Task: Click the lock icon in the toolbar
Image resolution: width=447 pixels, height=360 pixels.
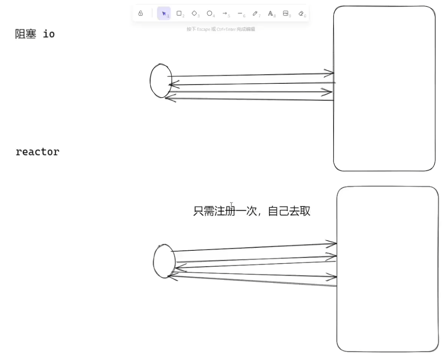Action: (141, 13)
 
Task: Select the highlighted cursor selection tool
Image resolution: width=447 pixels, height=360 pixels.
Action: (164, 13)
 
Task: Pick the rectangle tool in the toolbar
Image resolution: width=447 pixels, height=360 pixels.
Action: (179, 13)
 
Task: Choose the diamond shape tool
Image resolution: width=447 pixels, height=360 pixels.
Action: (195, 13)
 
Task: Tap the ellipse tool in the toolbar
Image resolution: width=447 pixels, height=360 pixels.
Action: (210, 13)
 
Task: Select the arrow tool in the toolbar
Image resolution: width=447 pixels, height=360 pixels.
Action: (225, 13)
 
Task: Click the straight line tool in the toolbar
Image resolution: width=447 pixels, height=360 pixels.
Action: (240, 13)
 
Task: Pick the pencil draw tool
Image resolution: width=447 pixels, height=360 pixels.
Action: (255, 13)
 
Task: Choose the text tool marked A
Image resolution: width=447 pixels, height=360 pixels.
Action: (271, 13)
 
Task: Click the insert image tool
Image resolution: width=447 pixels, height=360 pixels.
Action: (286, 13)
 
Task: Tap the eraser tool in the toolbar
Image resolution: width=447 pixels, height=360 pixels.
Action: (301, 13)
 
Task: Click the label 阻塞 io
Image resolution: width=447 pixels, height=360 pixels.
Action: (35, 34)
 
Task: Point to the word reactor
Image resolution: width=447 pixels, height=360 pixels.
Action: (38, 152)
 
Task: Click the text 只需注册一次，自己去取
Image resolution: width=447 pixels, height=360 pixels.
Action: (252, 211)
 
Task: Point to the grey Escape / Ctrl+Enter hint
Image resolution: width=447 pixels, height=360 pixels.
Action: (221, 29)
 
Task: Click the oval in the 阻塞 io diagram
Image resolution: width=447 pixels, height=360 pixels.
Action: (161, 81)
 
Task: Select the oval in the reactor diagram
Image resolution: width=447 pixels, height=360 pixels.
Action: (164, 261)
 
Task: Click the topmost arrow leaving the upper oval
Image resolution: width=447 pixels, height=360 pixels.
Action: (250, 75)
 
